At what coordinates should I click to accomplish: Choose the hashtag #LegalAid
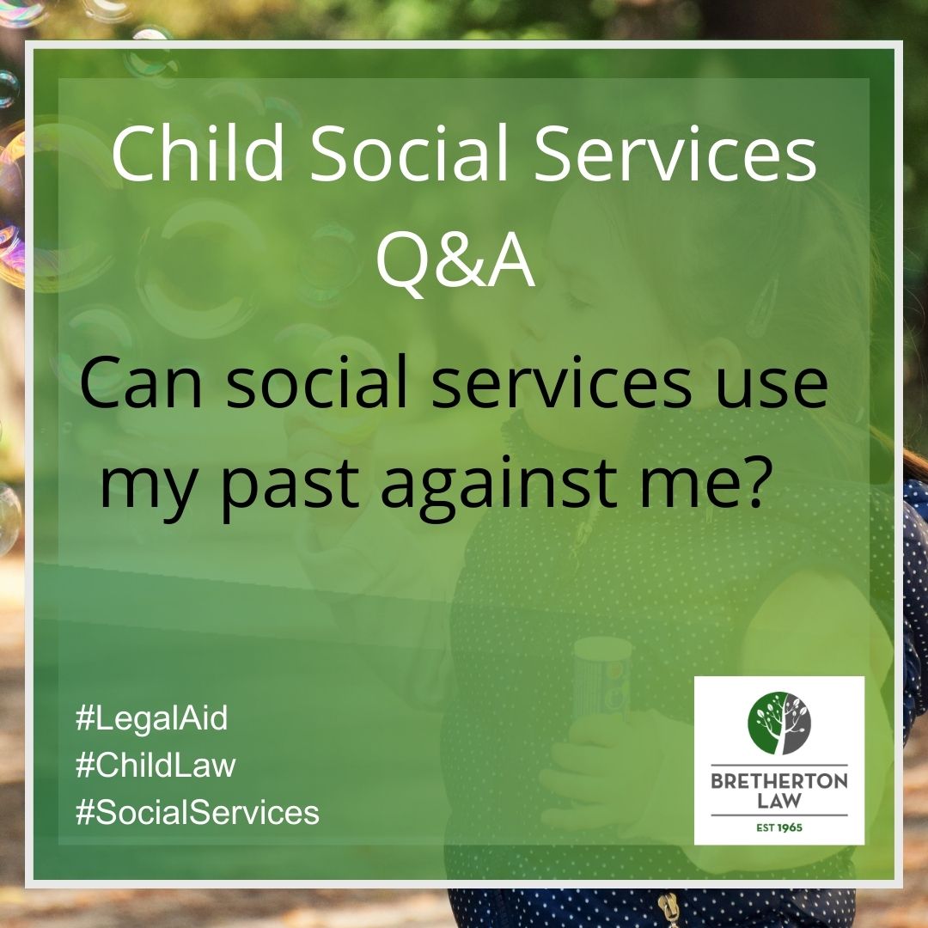[152, 719]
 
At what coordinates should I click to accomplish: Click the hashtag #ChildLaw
[156, 766]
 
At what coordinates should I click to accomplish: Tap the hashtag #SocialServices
[198, 812]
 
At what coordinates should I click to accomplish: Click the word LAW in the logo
[779, 801]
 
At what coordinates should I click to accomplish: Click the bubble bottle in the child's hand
[601, 679]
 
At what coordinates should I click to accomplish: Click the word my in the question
[146, 485]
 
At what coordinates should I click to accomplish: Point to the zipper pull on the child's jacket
[666, 907]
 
